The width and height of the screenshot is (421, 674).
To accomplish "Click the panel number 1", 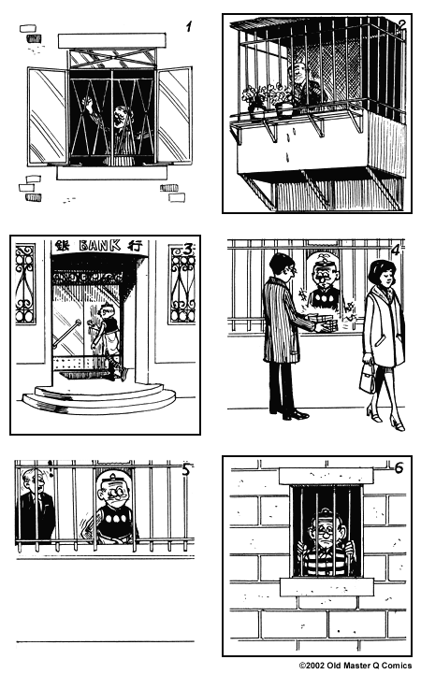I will (x=188, y=27).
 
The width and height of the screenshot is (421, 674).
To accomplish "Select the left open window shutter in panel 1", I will (x=47, y=114).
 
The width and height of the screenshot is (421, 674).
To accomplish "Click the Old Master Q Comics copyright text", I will (x=356, y=666).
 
